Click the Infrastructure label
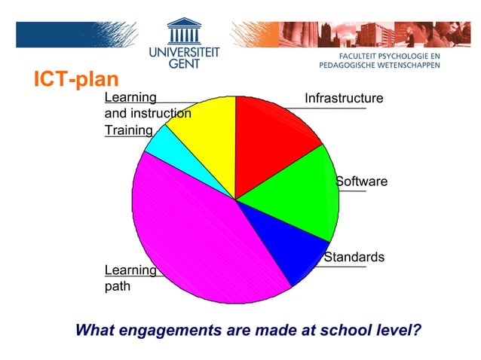point(344,99)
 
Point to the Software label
point(362,182)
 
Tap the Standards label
point(354,258)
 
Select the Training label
point(123,130)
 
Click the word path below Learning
point(117,286)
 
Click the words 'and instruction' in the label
point(148,114)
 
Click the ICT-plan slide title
point(75,79)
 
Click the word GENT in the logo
point(184,66)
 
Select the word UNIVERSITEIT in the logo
point(184,53)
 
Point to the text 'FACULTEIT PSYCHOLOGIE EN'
point(388,56)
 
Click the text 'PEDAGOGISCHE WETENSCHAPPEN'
point(380,66)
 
